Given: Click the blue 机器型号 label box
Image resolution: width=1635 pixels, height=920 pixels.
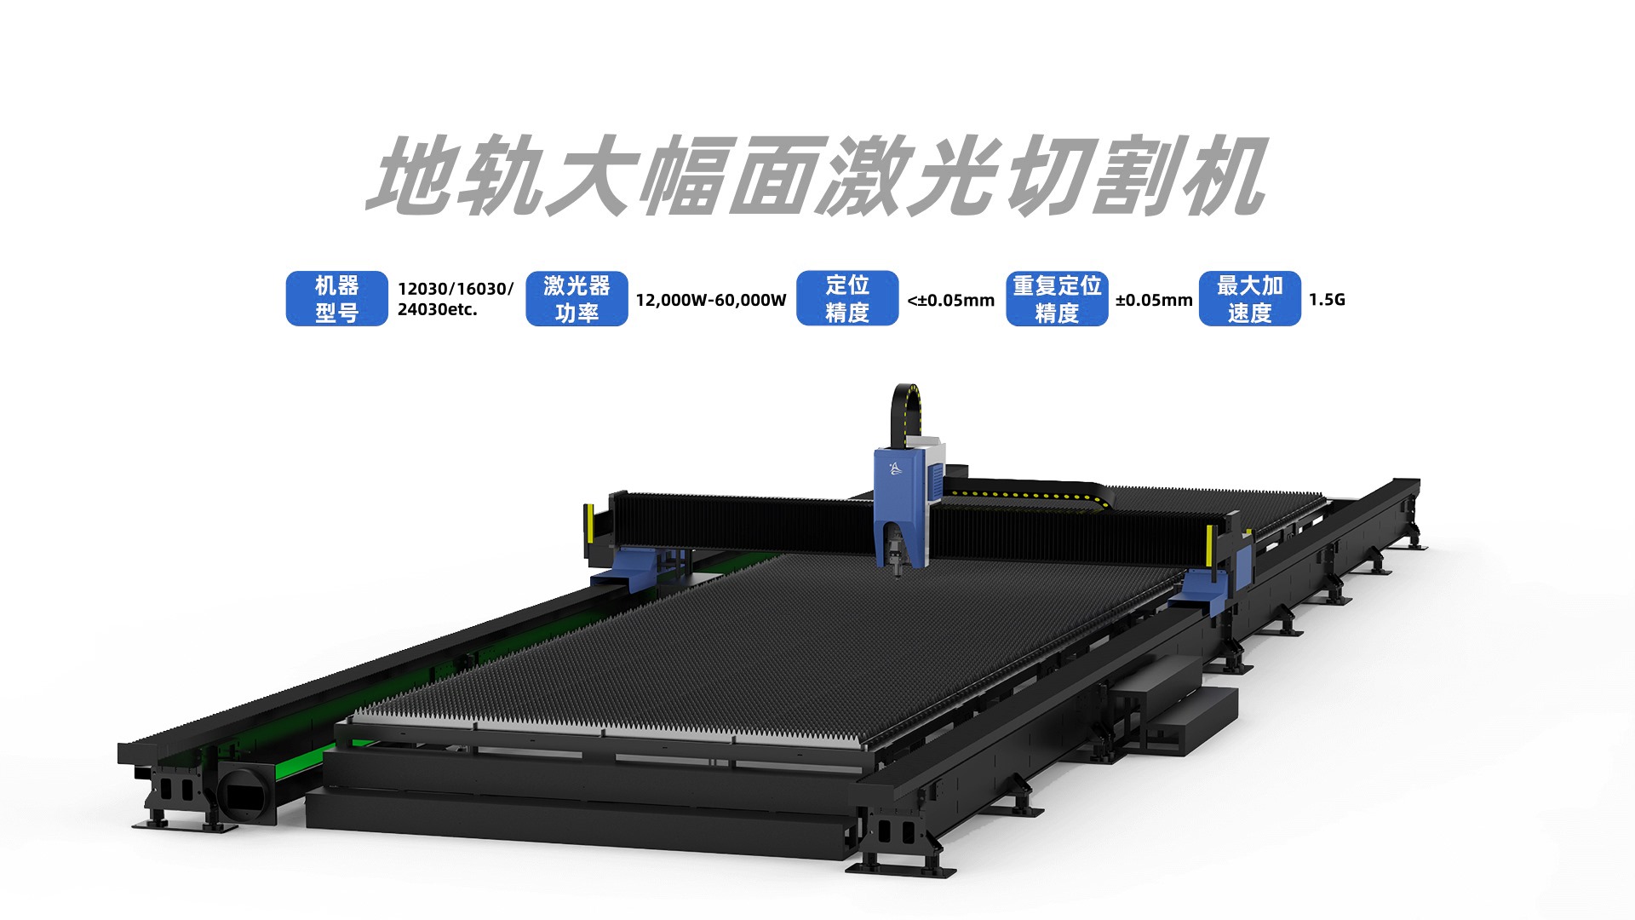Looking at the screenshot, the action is [x=336, y=298].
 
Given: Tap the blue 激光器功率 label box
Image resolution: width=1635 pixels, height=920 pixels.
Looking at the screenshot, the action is [x=577, y=298].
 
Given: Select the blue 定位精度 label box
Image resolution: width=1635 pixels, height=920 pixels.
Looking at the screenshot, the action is [x=847, y=298].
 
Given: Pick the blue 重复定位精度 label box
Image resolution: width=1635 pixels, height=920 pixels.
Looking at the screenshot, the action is [x=1057, y=298].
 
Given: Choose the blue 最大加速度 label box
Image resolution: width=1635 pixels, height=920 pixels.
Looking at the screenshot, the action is [x=1250, y=298].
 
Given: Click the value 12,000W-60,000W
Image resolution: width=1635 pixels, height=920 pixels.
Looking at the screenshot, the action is [x=711, y=300].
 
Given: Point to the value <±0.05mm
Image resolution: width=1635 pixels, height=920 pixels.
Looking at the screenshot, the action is [x=951, y=300].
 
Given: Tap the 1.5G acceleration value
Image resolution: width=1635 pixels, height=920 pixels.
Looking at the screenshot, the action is [x=1327, y=299].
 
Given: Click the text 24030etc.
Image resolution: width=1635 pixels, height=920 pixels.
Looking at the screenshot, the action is [x=437, y=309].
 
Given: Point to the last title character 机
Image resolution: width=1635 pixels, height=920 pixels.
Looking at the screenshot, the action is [x=1219, y=175].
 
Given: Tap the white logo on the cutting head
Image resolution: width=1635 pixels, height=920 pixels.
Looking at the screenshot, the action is [x=894, y=468].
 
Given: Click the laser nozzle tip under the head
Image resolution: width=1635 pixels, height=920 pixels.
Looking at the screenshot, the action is [x=898, y=572].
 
